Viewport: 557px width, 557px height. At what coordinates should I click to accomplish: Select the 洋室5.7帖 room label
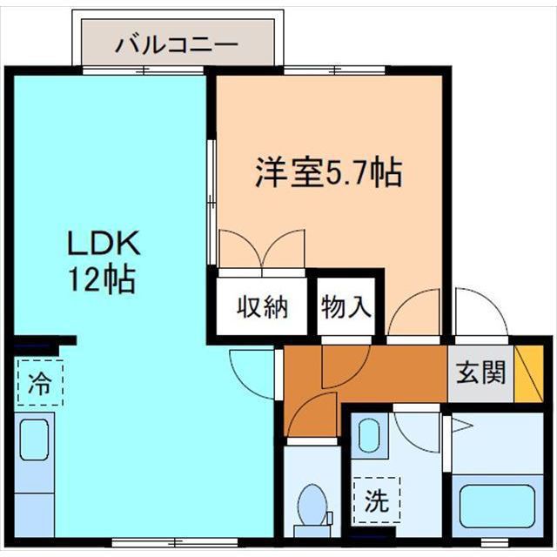[x=328, y=171]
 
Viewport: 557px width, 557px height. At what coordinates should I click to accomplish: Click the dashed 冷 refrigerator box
[x=40, y=383]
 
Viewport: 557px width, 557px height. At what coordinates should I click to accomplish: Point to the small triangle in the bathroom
[x=461, y=426]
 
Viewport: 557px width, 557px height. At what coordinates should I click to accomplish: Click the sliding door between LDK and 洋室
[x=211, y=200]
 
